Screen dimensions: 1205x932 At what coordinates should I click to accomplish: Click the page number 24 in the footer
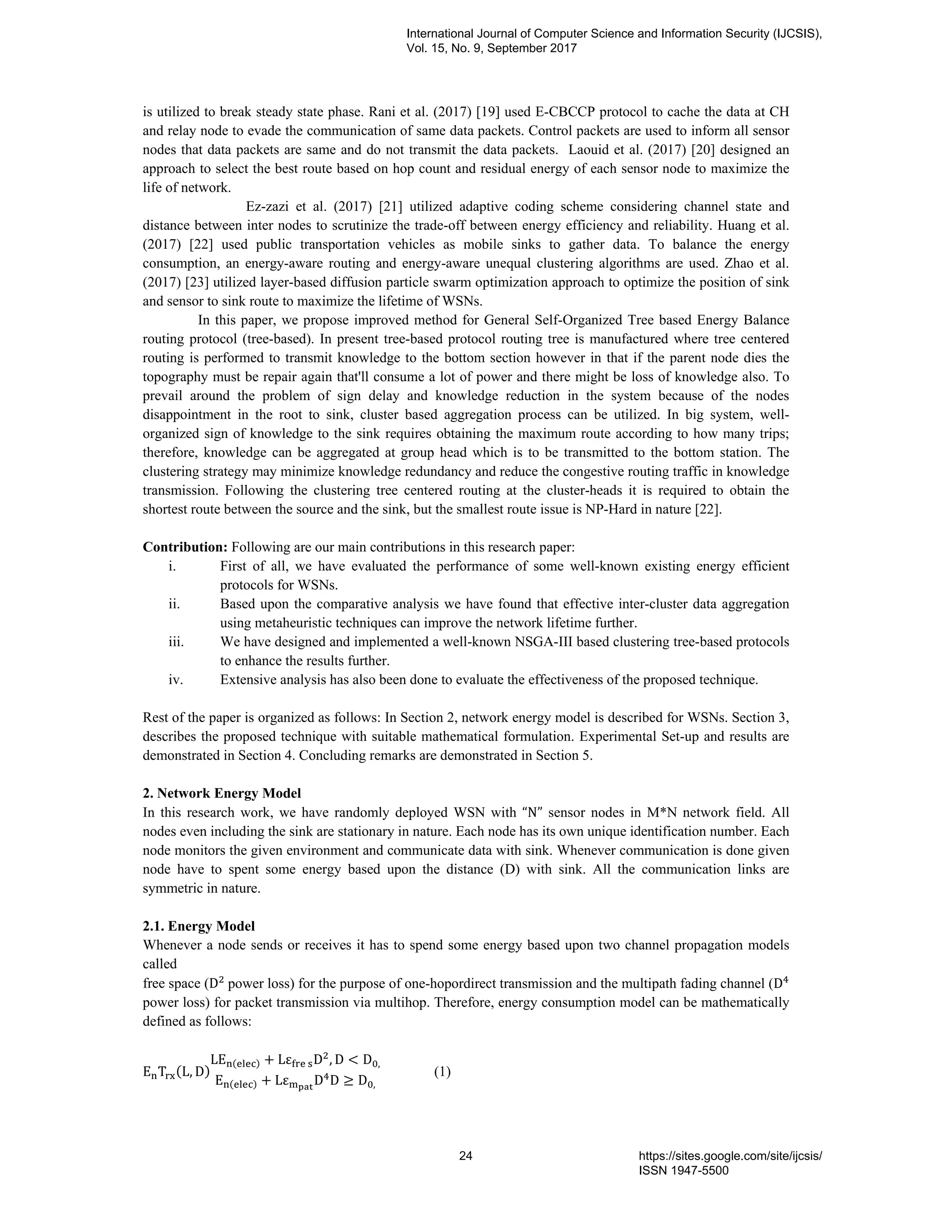pos(466,1156)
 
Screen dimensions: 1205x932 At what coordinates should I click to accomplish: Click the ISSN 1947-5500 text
pos(684,1170)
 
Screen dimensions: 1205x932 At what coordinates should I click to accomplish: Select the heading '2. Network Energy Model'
pos(222,793)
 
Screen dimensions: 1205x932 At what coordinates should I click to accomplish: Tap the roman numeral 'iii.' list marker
pos(176,642)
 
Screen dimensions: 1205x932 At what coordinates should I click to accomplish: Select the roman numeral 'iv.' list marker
pos(176,680)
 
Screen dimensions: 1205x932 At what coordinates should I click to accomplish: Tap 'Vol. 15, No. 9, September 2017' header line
pos(491,48)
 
